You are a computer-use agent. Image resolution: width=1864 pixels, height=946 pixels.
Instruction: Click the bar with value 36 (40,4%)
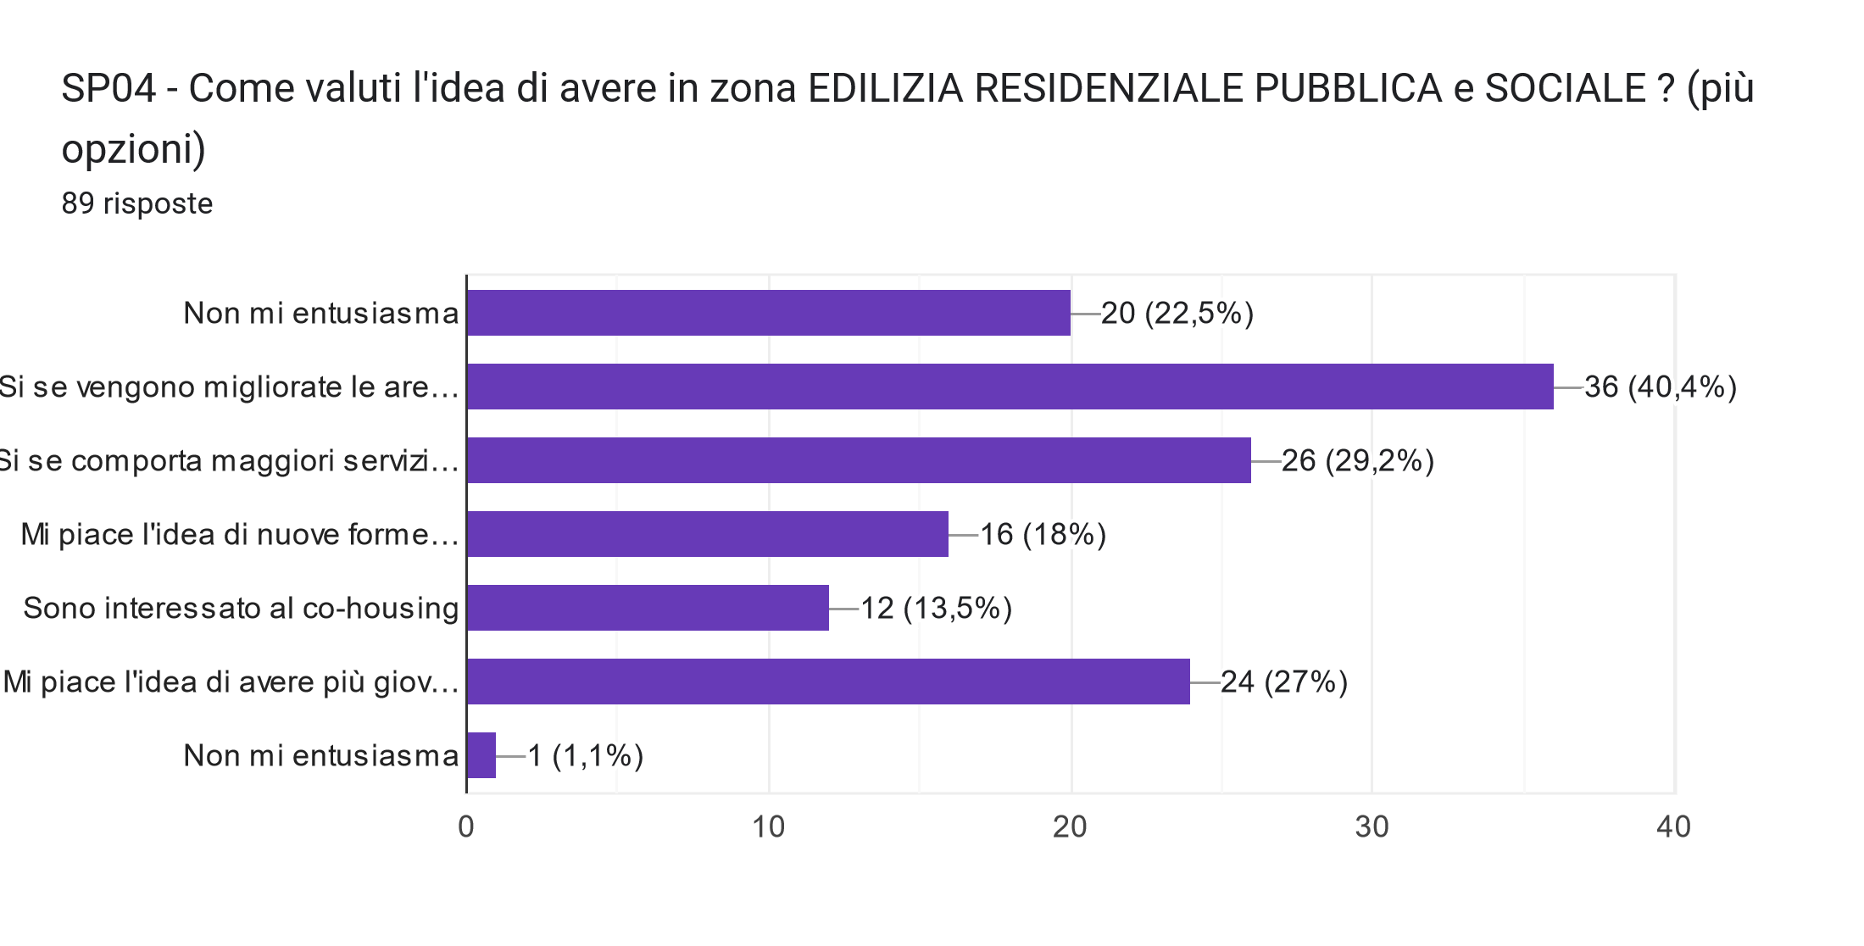coord(1010,387)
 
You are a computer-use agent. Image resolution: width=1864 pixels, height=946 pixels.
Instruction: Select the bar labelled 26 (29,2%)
coord(859,460)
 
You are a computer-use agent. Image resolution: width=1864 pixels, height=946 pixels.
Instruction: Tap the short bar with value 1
coord(481,755)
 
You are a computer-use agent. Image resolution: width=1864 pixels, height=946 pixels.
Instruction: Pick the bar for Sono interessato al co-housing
coord(648,608)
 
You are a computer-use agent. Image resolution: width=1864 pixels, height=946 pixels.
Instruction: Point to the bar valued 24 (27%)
coord(828,682)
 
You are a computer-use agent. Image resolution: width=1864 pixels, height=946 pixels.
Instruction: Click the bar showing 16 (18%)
coord(708,534)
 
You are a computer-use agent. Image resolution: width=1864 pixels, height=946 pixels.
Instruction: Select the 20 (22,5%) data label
coord(1177,314)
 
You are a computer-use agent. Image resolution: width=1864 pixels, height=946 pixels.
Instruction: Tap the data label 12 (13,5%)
coord(936,609)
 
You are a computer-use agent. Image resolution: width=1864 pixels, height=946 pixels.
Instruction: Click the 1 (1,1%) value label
coord(585,755)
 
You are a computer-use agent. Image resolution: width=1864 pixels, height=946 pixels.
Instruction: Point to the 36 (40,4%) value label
coord(1660,387)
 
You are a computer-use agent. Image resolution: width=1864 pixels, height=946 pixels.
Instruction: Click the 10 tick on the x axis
coord(769,827)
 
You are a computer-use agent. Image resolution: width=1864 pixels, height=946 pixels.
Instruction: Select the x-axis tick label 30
coord(1372,827)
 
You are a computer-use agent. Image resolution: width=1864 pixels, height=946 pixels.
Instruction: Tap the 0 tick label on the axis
coord(466,827)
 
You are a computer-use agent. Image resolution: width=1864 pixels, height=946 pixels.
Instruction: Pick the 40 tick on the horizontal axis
coord(1673,827)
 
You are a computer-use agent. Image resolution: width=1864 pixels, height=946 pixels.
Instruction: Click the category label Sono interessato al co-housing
coord(241,609)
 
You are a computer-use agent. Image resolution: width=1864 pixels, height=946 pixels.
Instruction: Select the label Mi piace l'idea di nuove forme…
coord(239,535)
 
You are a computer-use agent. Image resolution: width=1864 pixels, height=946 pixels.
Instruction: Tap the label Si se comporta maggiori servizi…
coord(229,461)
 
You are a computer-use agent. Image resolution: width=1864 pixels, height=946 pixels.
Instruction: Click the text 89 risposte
coord(137,203)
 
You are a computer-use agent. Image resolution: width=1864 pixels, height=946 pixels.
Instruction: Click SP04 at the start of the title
coord(109,88)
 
